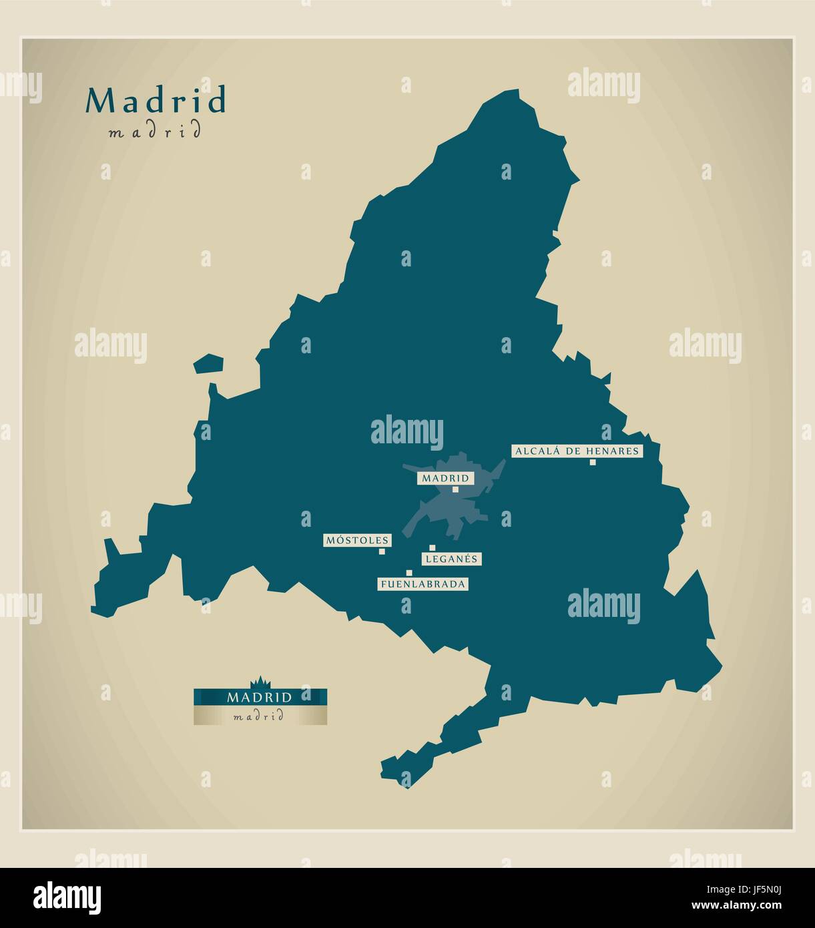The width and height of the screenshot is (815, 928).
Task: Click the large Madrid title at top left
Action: [x=156, y=101]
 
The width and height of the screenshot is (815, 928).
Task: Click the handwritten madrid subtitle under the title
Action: [x=154, y=132]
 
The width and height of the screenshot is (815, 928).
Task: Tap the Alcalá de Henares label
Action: [x=577, y=451]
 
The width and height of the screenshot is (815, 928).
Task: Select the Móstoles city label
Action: [x=357, y=540]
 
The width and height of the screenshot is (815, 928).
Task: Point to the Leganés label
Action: [x=451, y=559]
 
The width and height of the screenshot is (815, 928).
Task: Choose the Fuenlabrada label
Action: [x=423, y=584]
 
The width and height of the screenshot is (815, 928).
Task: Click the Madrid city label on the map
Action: [x=445, y=478]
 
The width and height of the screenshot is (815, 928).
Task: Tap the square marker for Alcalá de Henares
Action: [x=592, y=462]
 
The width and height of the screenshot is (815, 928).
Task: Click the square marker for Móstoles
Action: [x=382, y=551]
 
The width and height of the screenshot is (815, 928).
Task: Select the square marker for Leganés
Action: [x=432, y=548]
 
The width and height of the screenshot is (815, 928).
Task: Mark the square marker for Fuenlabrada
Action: [x=409, y=573]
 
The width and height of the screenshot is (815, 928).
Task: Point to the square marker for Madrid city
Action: [x=456, y=489]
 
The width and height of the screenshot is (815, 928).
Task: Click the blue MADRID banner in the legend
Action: [x=260, y=697]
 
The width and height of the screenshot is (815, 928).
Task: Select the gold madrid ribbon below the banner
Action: [x=260, y=716]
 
